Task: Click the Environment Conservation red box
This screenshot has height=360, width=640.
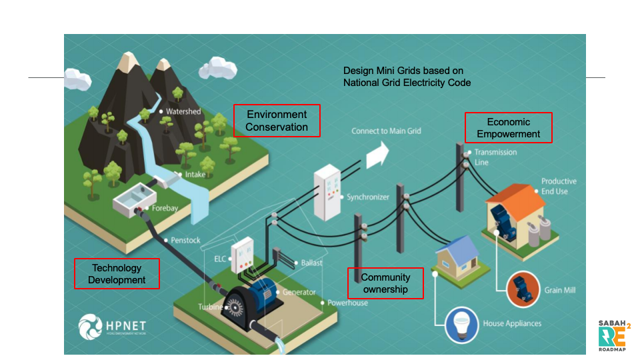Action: click(x=277, y=121)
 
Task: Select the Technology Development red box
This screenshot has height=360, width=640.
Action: click(x=117, y=273)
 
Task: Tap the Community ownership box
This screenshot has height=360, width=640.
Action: click(x=386, y=283)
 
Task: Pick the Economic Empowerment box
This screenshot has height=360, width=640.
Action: click(x=509, y=127)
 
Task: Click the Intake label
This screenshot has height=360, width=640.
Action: click(x=195, y=175)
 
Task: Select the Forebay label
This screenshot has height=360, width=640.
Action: click(x=165, y=208)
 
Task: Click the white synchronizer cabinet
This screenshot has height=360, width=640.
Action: click(x=328, y=193)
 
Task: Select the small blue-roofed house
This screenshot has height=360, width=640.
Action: click(x=456, y=256)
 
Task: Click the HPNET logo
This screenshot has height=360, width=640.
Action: click(x=112, y=326)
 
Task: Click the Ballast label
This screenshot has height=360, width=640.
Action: click(x=311, y=263)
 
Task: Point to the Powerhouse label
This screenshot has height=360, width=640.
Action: click(x=347, y=303)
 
